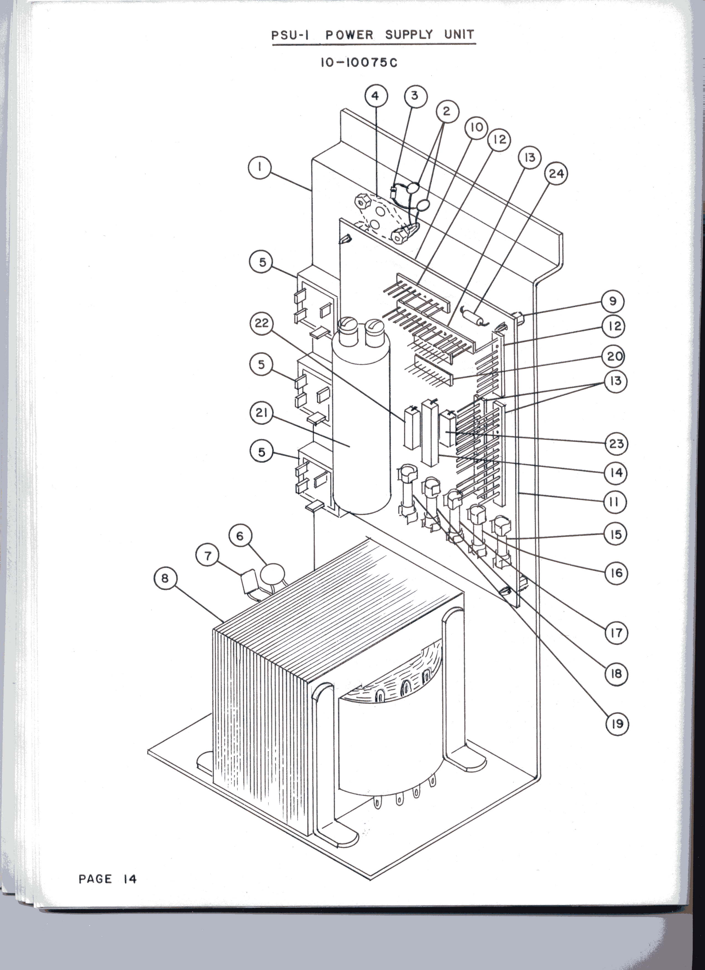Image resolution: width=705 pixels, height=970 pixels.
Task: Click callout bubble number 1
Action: pos(260,168)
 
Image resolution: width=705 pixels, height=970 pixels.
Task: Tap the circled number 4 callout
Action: pos(376,96)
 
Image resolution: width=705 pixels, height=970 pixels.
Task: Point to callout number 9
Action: pos(613,302)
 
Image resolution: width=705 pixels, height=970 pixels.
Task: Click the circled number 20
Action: pos(614,356)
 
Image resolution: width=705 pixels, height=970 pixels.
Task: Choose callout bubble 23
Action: pos(617,444)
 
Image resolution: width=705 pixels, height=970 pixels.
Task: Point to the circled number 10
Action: pos(476,127)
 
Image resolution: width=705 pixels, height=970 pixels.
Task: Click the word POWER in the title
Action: pos(349,35)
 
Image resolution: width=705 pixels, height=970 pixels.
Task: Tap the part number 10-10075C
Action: pos(359,63)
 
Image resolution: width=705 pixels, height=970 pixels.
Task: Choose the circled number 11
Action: pos(615,502)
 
